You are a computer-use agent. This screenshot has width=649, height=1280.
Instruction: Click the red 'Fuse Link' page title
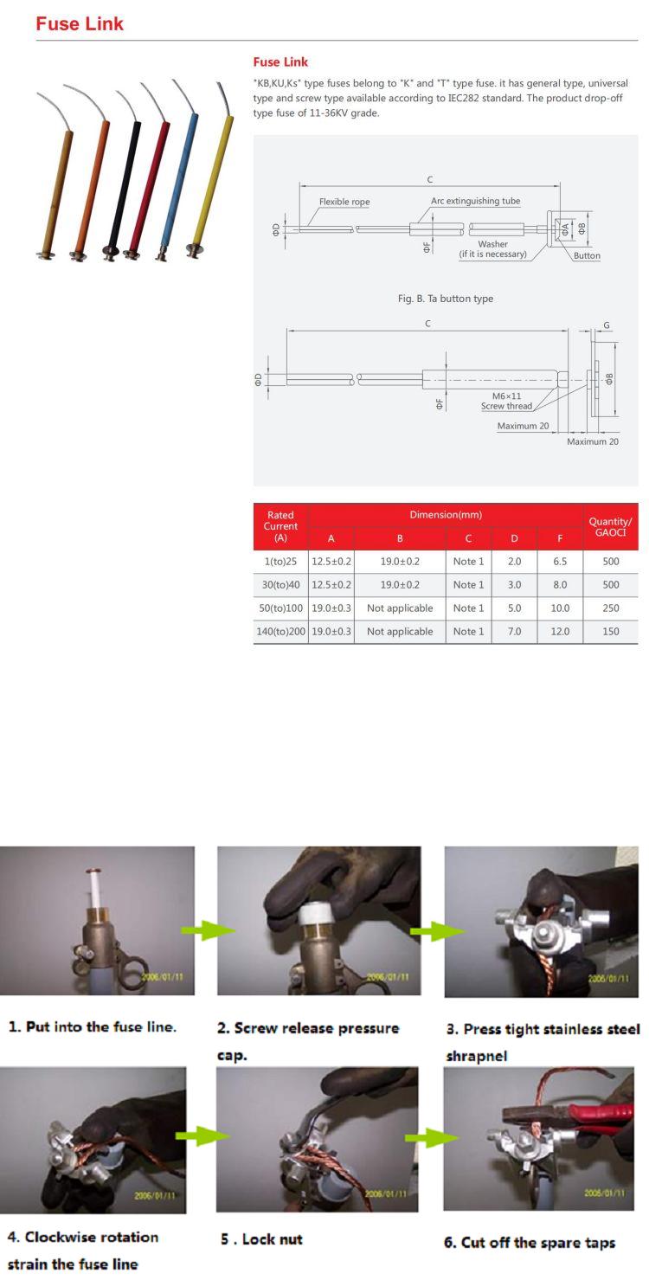click(x=80, y=24)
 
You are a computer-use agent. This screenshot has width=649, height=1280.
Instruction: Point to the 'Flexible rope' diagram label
click(x=344, y=202)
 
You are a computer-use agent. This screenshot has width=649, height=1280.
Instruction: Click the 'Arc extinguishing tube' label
click(x=475, y=201)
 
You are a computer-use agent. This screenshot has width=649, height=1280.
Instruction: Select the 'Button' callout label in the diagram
click(x=587, y=255)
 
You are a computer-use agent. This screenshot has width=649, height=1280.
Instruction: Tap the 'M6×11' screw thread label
click(x=507, y=396)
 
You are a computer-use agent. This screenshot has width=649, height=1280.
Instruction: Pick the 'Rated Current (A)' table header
click(x=280, y=526)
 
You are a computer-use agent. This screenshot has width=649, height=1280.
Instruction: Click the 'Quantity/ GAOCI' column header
click(x=610, y=526)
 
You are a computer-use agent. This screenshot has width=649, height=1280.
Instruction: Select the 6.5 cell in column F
click(x=560, y=562)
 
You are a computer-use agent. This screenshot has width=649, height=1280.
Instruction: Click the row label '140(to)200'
click(x=280, y=632)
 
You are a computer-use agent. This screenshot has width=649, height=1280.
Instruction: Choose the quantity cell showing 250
click(x=610, y=608)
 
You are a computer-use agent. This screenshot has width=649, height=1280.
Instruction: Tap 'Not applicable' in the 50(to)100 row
click(x=400, y=608)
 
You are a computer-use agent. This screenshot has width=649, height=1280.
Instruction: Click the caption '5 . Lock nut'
click(x=261, y=1239)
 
